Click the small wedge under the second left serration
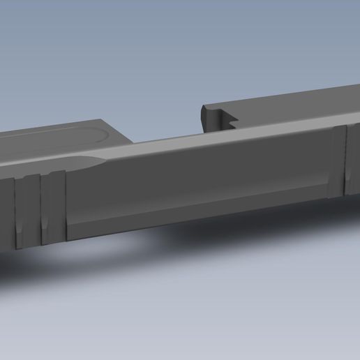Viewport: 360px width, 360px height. coord(45,227)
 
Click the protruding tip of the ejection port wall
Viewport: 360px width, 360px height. coord(204,110)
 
